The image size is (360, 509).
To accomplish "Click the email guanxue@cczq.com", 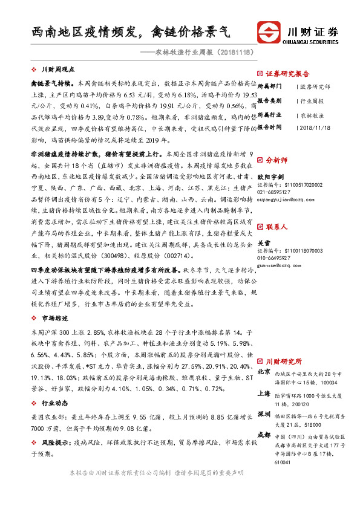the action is (279, 264).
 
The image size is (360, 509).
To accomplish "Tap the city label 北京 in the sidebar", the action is (263, 372).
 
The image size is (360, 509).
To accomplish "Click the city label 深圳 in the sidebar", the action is (263, 414).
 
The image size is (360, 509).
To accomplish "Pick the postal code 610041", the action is (282, 462).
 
